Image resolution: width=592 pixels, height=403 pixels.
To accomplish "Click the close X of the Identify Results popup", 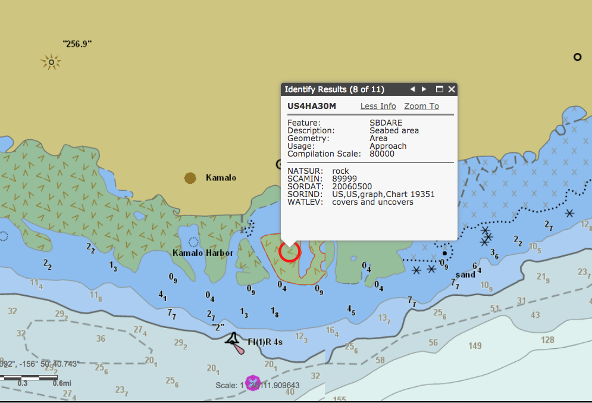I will pos(452,89).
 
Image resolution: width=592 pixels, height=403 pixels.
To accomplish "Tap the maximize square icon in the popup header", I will pos(440,89).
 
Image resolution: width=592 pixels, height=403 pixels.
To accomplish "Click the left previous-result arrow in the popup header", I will pos(412,89).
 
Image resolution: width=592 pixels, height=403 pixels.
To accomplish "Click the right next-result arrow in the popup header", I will pos(424,89).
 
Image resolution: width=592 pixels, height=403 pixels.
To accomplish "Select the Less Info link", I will pos(378,106).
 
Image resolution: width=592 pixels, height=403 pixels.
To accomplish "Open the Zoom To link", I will pos(421,106).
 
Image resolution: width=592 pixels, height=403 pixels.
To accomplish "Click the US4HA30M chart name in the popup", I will pos(312,106).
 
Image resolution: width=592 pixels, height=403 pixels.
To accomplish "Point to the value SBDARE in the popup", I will pos(386,123).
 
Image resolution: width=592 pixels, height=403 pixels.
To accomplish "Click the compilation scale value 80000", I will pos(382,154).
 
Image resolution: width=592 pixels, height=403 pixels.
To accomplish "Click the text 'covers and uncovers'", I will pos(372,202).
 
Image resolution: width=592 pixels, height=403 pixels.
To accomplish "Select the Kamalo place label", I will pos(221,177).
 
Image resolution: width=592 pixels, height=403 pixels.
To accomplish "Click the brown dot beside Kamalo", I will pos(190,177).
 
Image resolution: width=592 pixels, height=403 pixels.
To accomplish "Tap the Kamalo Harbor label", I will pos(203,252).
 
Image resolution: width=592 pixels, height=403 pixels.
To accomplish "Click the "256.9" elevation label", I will pos(77,43).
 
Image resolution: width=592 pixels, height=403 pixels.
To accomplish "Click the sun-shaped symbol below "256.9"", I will pos(51,62).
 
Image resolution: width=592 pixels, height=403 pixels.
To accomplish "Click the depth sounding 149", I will pos(475,345).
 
